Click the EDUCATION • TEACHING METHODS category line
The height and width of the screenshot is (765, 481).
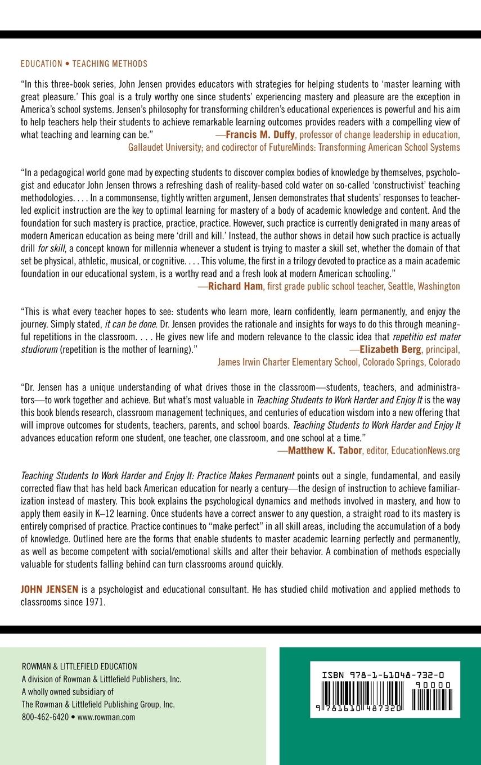84,64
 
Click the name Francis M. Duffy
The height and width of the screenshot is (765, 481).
260,135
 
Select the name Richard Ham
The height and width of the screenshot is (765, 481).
236,286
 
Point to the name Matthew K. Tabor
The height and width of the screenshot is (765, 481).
325,451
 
